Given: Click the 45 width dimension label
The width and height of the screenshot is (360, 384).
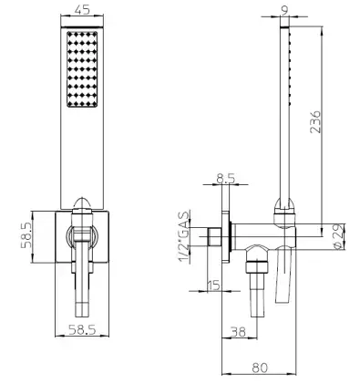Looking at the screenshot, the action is (x=82, y=10).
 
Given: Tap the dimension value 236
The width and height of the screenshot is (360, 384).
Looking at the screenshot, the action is (x=315, y=121).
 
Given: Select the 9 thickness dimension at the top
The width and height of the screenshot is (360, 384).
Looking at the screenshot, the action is (x=284, y=11).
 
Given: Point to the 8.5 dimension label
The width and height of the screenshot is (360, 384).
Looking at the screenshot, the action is (x=226, y=178).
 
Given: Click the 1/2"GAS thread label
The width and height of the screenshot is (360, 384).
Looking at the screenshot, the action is (x=184, y=237).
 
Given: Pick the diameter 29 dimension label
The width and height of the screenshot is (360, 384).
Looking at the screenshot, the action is (x=339, y=236).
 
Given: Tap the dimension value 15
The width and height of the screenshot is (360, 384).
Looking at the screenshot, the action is (x=214, y=285).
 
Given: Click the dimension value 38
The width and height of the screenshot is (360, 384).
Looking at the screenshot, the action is (x=238, y=331).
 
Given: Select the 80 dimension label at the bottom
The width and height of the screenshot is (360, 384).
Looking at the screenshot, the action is (x=260, y=368).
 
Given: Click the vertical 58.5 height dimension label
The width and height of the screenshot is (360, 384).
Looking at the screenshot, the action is (x=26, y=234).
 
